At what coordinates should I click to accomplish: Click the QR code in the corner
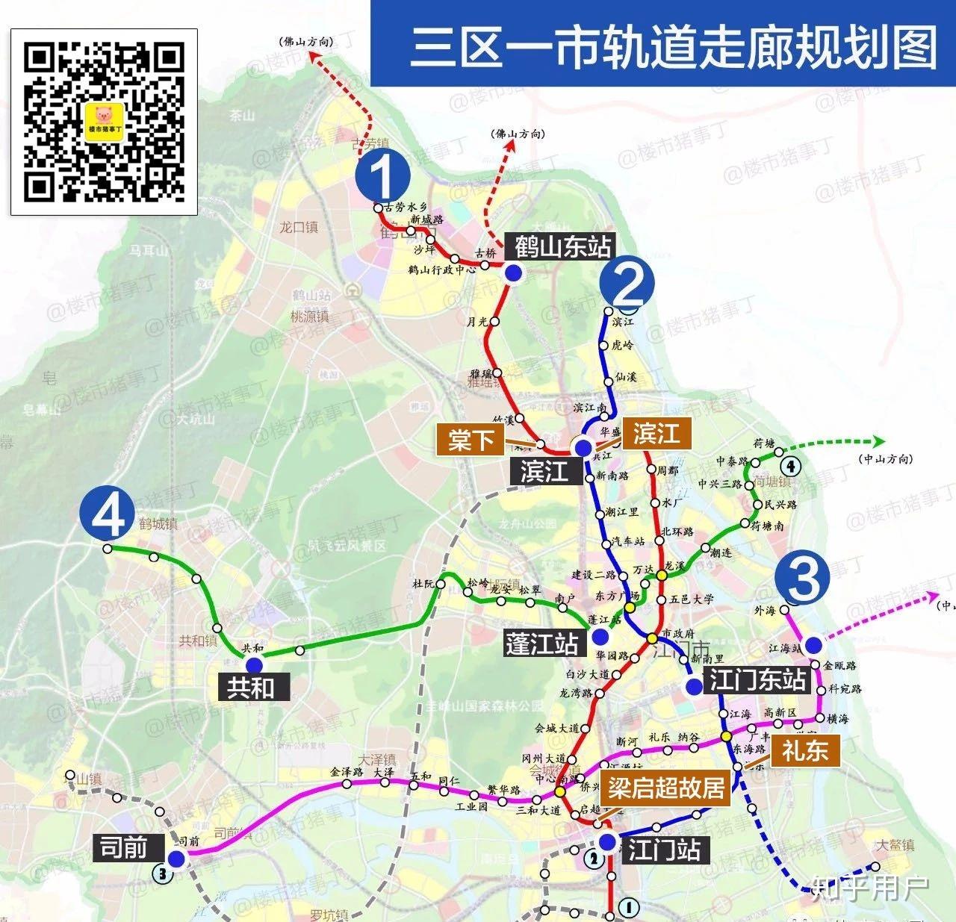click(104, 122)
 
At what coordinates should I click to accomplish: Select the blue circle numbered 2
click(628, 284)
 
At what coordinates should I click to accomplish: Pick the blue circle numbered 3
click(803, 579)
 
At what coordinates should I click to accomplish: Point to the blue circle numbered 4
click(108, 512)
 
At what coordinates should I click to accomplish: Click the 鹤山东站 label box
click(562, 246)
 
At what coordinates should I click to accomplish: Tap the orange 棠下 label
click(471, 440)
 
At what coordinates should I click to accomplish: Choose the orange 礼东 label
click(804, 750)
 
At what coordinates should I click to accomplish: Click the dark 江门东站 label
click(757, 680)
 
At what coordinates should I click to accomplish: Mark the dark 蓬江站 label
click(541, 644)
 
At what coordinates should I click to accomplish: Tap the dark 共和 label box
click(250, 687)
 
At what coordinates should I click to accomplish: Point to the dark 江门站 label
click(663, 849)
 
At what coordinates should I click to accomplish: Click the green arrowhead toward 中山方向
click(878, 441)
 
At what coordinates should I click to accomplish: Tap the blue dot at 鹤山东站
click(513, 273)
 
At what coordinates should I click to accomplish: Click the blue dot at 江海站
click(813, 645)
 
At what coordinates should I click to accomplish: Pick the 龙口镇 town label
click(299, 227)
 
